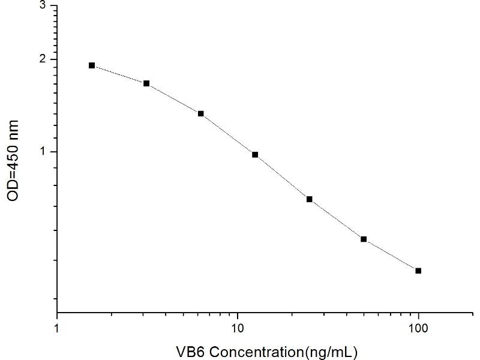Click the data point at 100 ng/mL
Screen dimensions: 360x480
pos(418,271)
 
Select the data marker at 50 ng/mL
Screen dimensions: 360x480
pos(364,239)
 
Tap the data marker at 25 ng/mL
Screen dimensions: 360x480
pos(310,199)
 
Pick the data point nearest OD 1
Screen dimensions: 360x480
pos(255,155)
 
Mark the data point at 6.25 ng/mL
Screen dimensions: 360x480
pos(201,113)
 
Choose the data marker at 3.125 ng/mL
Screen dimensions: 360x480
pos(146,83)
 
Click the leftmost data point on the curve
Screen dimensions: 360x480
pos(92,65)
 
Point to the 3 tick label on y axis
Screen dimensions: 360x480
pos(42,5)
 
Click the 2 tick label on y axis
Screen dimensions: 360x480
pos(42,59)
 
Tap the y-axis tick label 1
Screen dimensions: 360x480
pos(42,152)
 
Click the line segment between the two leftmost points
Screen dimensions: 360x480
pos(119,74)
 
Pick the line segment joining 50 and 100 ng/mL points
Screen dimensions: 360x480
pos(391,255)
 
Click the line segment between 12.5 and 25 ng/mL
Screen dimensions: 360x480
pos(282,177)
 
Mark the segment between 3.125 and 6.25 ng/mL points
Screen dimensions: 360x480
pos(174,98)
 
